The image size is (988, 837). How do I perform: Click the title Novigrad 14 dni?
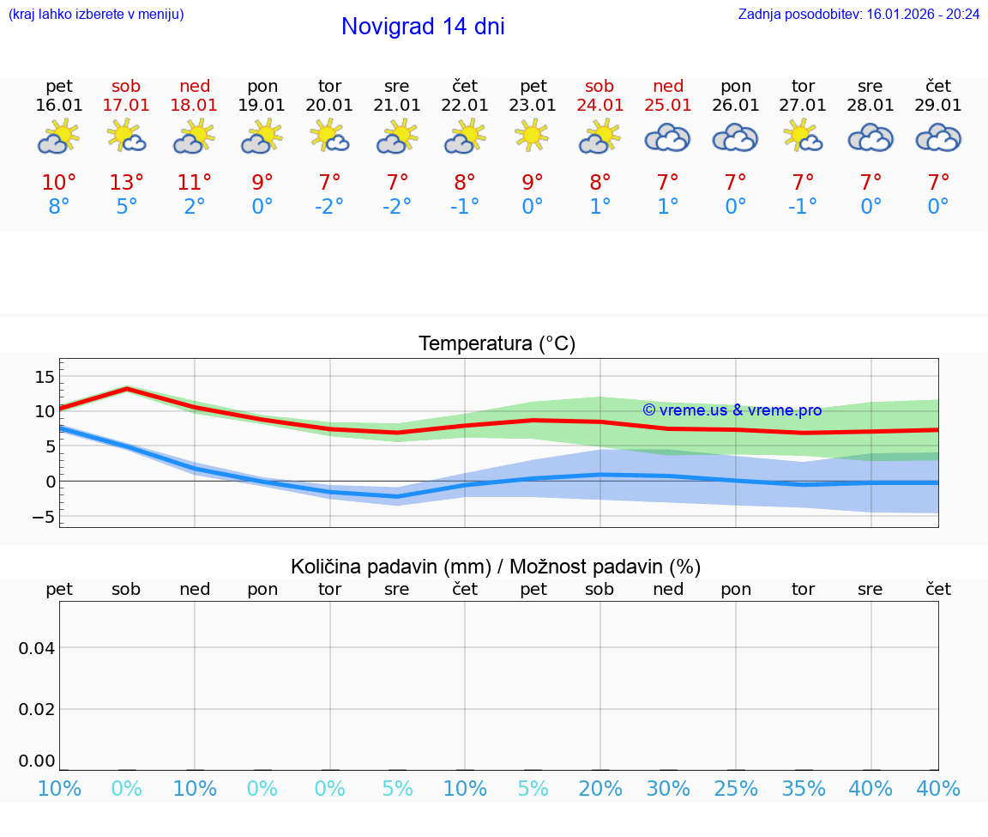point(423,27)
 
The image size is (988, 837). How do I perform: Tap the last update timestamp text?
point(858,15)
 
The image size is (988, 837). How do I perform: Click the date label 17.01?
point(126,106)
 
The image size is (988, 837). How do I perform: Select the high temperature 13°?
point(126,183)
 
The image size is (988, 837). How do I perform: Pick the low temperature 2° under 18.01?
point(195,207)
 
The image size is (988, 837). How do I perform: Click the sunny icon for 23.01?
point(532,136)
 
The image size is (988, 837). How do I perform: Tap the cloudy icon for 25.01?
point(667,137)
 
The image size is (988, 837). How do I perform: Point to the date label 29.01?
point(938,106)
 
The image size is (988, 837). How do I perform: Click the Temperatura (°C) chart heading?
point(497,344)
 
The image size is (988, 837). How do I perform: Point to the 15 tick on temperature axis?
point(45,377)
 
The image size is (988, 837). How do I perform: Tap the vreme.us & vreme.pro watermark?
point(732,410)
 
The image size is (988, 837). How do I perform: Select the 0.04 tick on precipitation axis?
point(38,648)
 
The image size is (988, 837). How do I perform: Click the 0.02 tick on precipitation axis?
point(38,709)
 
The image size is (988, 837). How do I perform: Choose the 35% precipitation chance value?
point(804,789)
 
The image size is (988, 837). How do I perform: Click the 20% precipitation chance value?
point(600,789)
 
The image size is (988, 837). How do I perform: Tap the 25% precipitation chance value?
point(736,789)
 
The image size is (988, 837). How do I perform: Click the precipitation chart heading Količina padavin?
point(496,567)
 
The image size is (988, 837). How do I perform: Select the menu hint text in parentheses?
point(96,15)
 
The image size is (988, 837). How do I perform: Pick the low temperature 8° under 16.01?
point(59,207)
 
